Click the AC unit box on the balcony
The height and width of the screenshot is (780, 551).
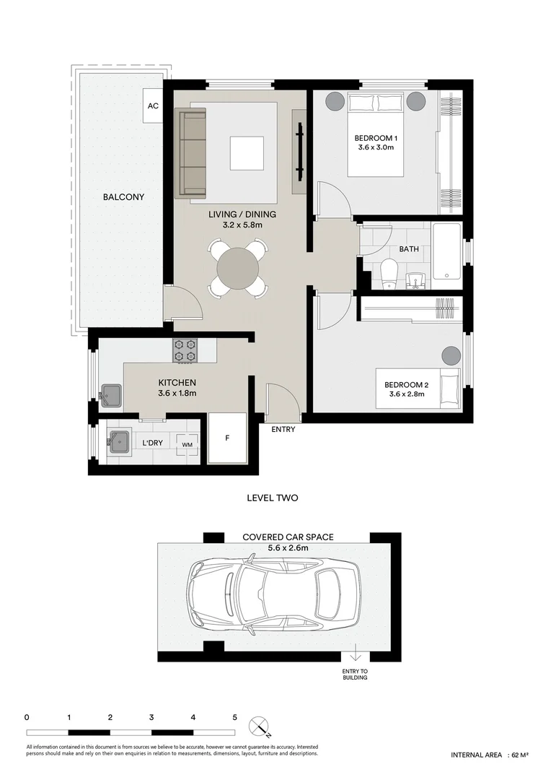coord(153,106)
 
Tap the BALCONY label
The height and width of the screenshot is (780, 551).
coord(124,197)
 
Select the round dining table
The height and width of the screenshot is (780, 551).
coord(237,269)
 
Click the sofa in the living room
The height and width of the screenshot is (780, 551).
coord(193,153)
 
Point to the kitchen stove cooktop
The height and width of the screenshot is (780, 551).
coord(185,350)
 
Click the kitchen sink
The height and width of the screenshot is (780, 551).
coord(111,396)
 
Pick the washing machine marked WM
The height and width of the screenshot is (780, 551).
coord(188,444)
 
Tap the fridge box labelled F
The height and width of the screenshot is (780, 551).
coord(228,438)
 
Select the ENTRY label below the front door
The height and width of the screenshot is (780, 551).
coord(283,429)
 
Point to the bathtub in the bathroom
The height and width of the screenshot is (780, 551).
coord(447,252)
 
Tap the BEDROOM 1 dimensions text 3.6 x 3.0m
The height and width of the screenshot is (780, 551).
coord(376,147)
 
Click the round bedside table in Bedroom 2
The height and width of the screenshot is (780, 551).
coord(451,356)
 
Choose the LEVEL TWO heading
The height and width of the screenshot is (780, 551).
coord(273,498)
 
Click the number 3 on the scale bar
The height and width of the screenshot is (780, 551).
coord(151,717)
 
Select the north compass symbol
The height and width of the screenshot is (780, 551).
coord(260,727)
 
